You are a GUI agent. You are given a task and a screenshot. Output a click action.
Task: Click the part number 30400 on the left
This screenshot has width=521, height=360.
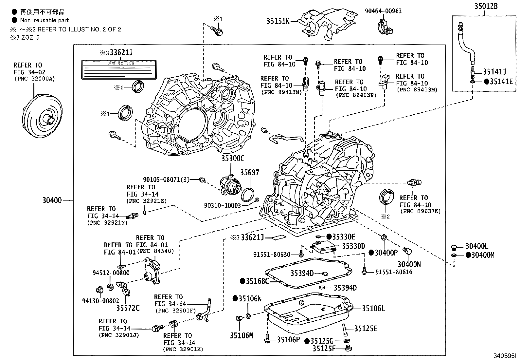tap(52, 200)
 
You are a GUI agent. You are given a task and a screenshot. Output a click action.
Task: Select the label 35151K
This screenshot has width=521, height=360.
tap(278, 22)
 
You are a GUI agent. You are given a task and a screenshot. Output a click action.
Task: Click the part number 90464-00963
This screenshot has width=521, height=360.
tap(383, 11)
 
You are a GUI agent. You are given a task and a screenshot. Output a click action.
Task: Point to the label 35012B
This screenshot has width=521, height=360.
tap(486, 6)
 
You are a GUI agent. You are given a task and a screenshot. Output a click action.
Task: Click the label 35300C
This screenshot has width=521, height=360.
tap(232, 159)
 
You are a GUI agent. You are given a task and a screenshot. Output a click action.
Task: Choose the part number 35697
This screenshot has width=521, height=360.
tap(250, 172)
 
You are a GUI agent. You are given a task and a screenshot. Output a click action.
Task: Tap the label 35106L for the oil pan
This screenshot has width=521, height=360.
tap(373, 308)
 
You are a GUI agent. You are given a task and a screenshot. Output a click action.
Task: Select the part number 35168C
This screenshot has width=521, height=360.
tap(257, 281)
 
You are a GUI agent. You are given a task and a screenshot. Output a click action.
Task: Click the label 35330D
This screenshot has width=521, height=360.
tap(353, 246)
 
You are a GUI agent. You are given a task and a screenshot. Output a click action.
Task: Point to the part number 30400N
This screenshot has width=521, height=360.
tap(409, 264)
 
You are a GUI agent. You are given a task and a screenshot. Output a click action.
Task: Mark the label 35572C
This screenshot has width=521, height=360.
tap(128, 308)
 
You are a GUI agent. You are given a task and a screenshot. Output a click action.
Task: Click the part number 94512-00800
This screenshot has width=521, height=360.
tap(111, 273)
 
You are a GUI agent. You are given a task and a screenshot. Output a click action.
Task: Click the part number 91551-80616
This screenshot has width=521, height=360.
tap(394, 272)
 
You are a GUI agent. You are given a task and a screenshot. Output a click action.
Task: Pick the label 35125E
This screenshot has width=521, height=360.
tap(366, 329)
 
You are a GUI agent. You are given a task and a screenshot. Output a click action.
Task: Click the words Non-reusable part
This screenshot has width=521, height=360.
tap(45, 20)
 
